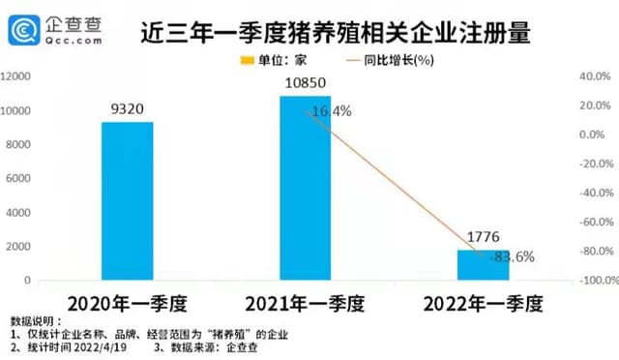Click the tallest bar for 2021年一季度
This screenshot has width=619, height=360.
(305, 189)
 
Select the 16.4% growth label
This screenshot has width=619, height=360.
(329, 111)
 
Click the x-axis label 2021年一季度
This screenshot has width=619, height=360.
(305, 303)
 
